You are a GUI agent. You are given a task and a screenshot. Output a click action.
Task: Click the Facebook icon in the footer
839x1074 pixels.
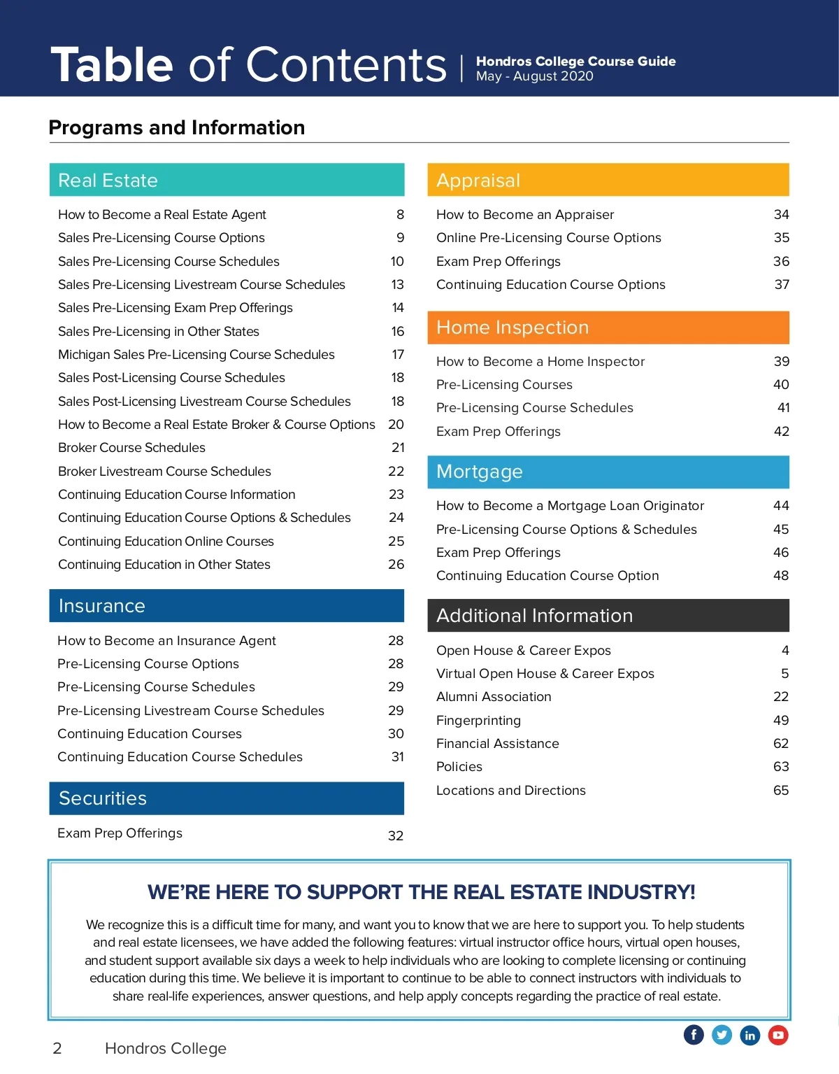pos(694,1035)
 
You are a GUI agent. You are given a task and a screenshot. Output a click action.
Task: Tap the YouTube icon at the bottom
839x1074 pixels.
pos(778,1035)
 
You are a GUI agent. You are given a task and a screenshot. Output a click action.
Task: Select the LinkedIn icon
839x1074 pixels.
pos(750,1035)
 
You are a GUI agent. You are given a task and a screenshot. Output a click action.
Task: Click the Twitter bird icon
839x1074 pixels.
pos(722,1035)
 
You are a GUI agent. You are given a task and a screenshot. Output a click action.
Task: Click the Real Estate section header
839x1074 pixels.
pos(227,180)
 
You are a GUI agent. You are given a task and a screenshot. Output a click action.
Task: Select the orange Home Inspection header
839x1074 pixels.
pos(608,327)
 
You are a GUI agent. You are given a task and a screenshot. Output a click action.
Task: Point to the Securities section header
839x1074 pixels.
pos(227,798)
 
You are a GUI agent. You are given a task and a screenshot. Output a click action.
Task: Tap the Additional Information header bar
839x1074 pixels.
pos(608,616)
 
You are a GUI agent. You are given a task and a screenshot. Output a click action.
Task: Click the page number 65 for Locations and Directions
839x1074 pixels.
pos(780,791)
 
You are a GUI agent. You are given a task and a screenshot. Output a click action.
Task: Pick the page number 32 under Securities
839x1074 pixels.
pos(396,835)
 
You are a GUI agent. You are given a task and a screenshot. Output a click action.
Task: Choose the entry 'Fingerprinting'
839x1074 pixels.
pos(478,721)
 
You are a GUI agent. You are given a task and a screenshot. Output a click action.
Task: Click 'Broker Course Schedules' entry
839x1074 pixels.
pos(131,448)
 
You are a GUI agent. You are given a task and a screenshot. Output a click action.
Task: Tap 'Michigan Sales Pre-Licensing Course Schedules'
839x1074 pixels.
pos(196,355)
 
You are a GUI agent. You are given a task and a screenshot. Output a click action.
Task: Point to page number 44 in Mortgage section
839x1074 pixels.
pos(781,506)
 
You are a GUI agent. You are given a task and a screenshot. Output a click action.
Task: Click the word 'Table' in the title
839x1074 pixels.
pos(112,65)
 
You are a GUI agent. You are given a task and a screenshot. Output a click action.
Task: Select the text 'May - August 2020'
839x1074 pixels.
pos(535,76)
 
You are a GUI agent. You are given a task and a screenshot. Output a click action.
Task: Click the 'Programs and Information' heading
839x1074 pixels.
pos(177,127)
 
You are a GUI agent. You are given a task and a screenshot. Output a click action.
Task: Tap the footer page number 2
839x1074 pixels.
pos(57,1048)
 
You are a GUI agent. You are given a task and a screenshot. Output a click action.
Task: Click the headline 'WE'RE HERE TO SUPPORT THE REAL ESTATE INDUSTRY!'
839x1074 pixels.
pos(421,892)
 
